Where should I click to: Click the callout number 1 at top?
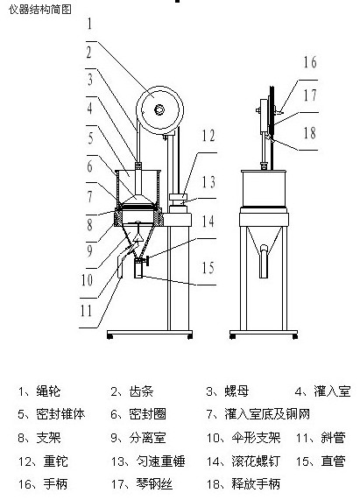[89, 24]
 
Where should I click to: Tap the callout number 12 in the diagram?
[208, 136]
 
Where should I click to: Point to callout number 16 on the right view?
[310, 62]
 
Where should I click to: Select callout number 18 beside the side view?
[309, 133]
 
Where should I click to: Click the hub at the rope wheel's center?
[159, 110]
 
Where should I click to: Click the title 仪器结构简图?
[40, 10]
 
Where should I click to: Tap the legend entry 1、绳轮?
[39, 391]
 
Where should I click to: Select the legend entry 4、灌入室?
[322, 391]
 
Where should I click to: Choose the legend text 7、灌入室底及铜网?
[258, 414]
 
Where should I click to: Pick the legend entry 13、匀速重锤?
[148, 461]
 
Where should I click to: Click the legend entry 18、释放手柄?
[244, 484]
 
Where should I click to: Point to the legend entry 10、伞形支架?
[244, 438]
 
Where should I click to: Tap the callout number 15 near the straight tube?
[208, 268]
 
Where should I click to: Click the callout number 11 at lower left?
[86, 310]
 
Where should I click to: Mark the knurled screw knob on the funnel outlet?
[147, 260]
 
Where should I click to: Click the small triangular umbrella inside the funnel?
[138, 237]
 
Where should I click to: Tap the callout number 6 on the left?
[90, 166]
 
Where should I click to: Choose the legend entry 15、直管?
[321, 461]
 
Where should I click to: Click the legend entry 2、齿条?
[132, 391]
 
